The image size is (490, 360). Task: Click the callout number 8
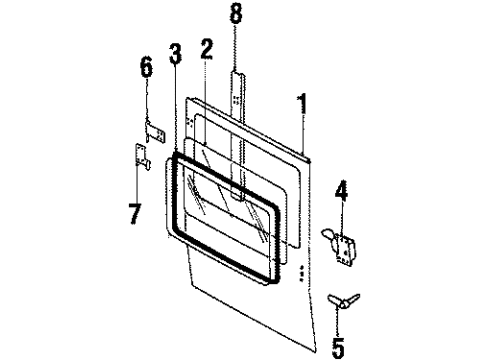click(x=236, y=17)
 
